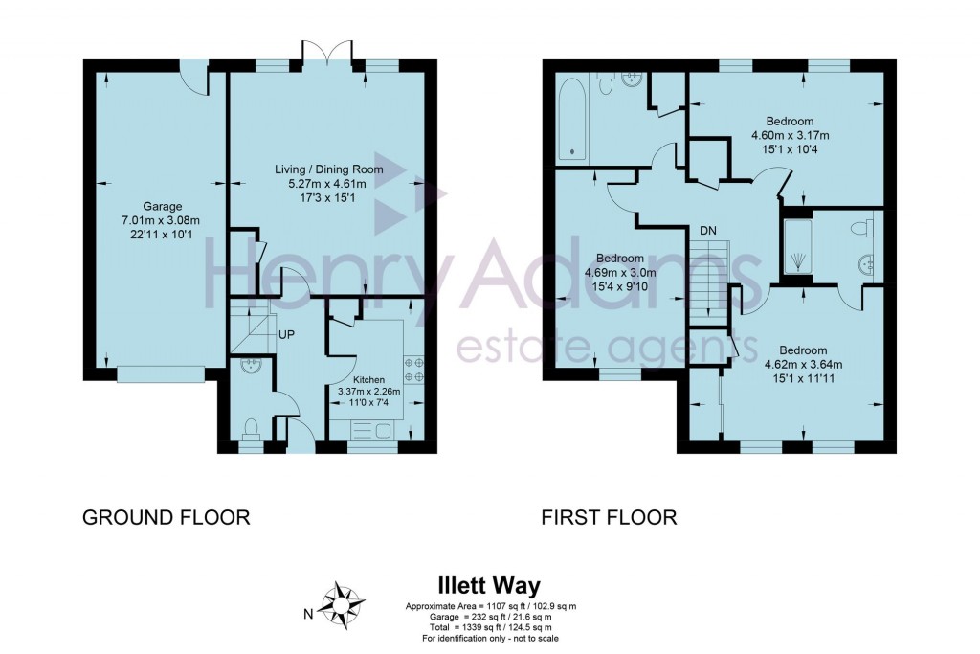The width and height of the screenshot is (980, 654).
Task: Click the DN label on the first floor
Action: pyautogui.click(x=708, y=230)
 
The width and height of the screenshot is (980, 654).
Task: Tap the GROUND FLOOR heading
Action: pyautogui.click(x=167, y=518)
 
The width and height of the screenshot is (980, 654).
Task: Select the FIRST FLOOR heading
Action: pyautogui.click(x=609, y=518)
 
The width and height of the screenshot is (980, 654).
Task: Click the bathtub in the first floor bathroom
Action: pyautogui.click(x=573, y=120)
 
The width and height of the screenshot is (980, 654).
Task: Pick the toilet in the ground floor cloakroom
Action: pyautogui.click(x=252, y=428)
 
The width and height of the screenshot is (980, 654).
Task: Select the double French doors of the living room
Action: pyautogui.click(x=326, y=53)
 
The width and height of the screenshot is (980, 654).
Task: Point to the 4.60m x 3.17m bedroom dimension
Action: pyautogui.click(x=790, y=135)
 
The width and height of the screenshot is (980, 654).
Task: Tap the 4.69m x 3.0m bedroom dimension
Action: pyautogui.click(x=619, y=272)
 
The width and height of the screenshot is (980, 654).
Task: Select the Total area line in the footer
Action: pyautogui.click(x=489, y=626)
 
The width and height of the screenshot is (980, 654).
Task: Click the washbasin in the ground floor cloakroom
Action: pyautogui.click(x=251, y=365)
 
